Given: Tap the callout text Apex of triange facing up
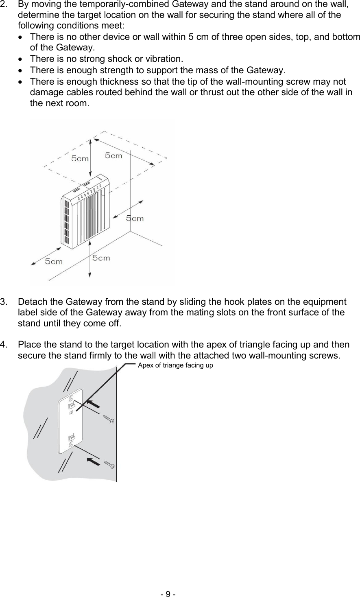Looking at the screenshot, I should (x=175, y=365).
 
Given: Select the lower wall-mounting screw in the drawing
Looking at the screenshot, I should (x=108, y=464).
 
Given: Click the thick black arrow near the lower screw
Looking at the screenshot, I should (x=94, y=461).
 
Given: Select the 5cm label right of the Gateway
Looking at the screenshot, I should (x=135, y=219).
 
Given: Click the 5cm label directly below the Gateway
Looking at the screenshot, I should (x=101, y=258).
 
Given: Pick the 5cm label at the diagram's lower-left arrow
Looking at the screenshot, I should (x=54, y=261).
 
